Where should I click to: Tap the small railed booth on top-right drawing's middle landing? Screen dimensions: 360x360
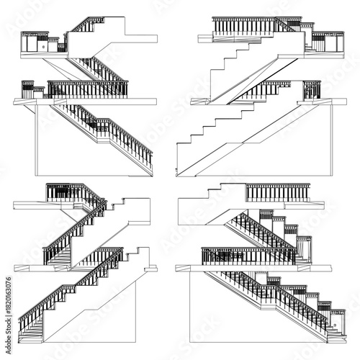(x=311, y=89)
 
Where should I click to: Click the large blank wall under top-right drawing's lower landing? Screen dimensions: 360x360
(x=288, y=144)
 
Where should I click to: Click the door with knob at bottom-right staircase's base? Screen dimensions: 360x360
(x=336, y=323)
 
